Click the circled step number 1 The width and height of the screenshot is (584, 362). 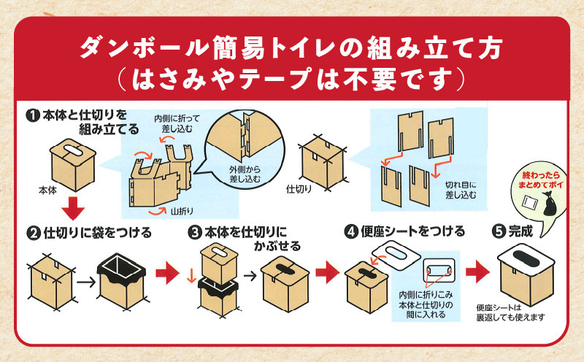pyautogui.click(x=33, y=115)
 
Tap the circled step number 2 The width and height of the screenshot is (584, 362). pyautogui.click(x=33, y=234)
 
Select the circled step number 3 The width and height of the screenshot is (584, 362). pyautogui.click(x=195, y=234)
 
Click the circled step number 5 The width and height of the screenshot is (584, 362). pyautogui.click(x=499, y=232)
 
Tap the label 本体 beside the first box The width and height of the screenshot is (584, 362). pyautogui.click(x=47, y=188)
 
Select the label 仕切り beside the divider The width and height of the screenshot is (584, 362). pyautogui.click(x=299, y=188)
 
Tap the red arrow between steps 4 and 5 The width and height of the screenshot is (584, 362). pyautogui.click(x=477, y=274)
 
